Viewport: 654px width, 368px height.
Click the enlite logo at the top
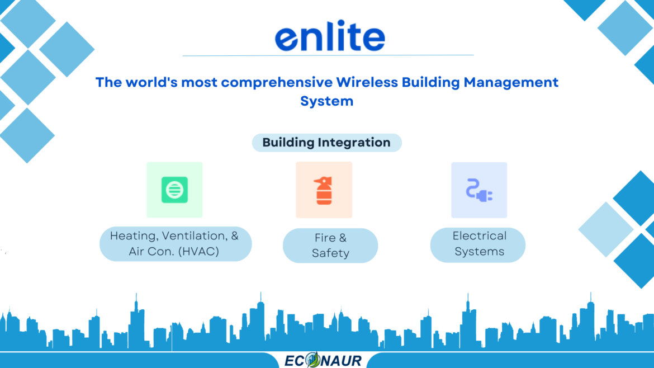pos(330,35)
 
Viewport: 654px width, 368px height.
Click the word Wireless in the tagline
pos(367,82)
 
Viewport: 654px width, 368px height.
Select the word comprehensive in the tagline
pos(277,83)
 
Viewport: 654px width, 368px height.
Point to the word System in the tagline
pos(326,101)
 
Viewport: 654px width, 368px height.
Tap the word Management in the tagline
pos(511,83)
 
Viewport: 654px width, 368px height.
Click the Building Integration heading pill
pos(326,142)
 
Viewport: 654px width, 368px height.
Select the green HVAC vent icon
pos(174,190)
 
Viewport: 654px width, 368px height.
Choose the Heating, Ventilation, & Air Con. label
pos(176,244)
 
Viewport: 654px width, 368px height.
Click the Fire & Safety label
pos(330,246)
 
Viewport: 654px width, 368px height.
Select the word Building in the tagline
pos(431,83)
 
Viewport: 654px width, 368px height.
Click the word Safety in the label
pos(331,253)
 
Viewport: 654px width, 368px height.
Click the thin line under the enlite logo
pos(328,55)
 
